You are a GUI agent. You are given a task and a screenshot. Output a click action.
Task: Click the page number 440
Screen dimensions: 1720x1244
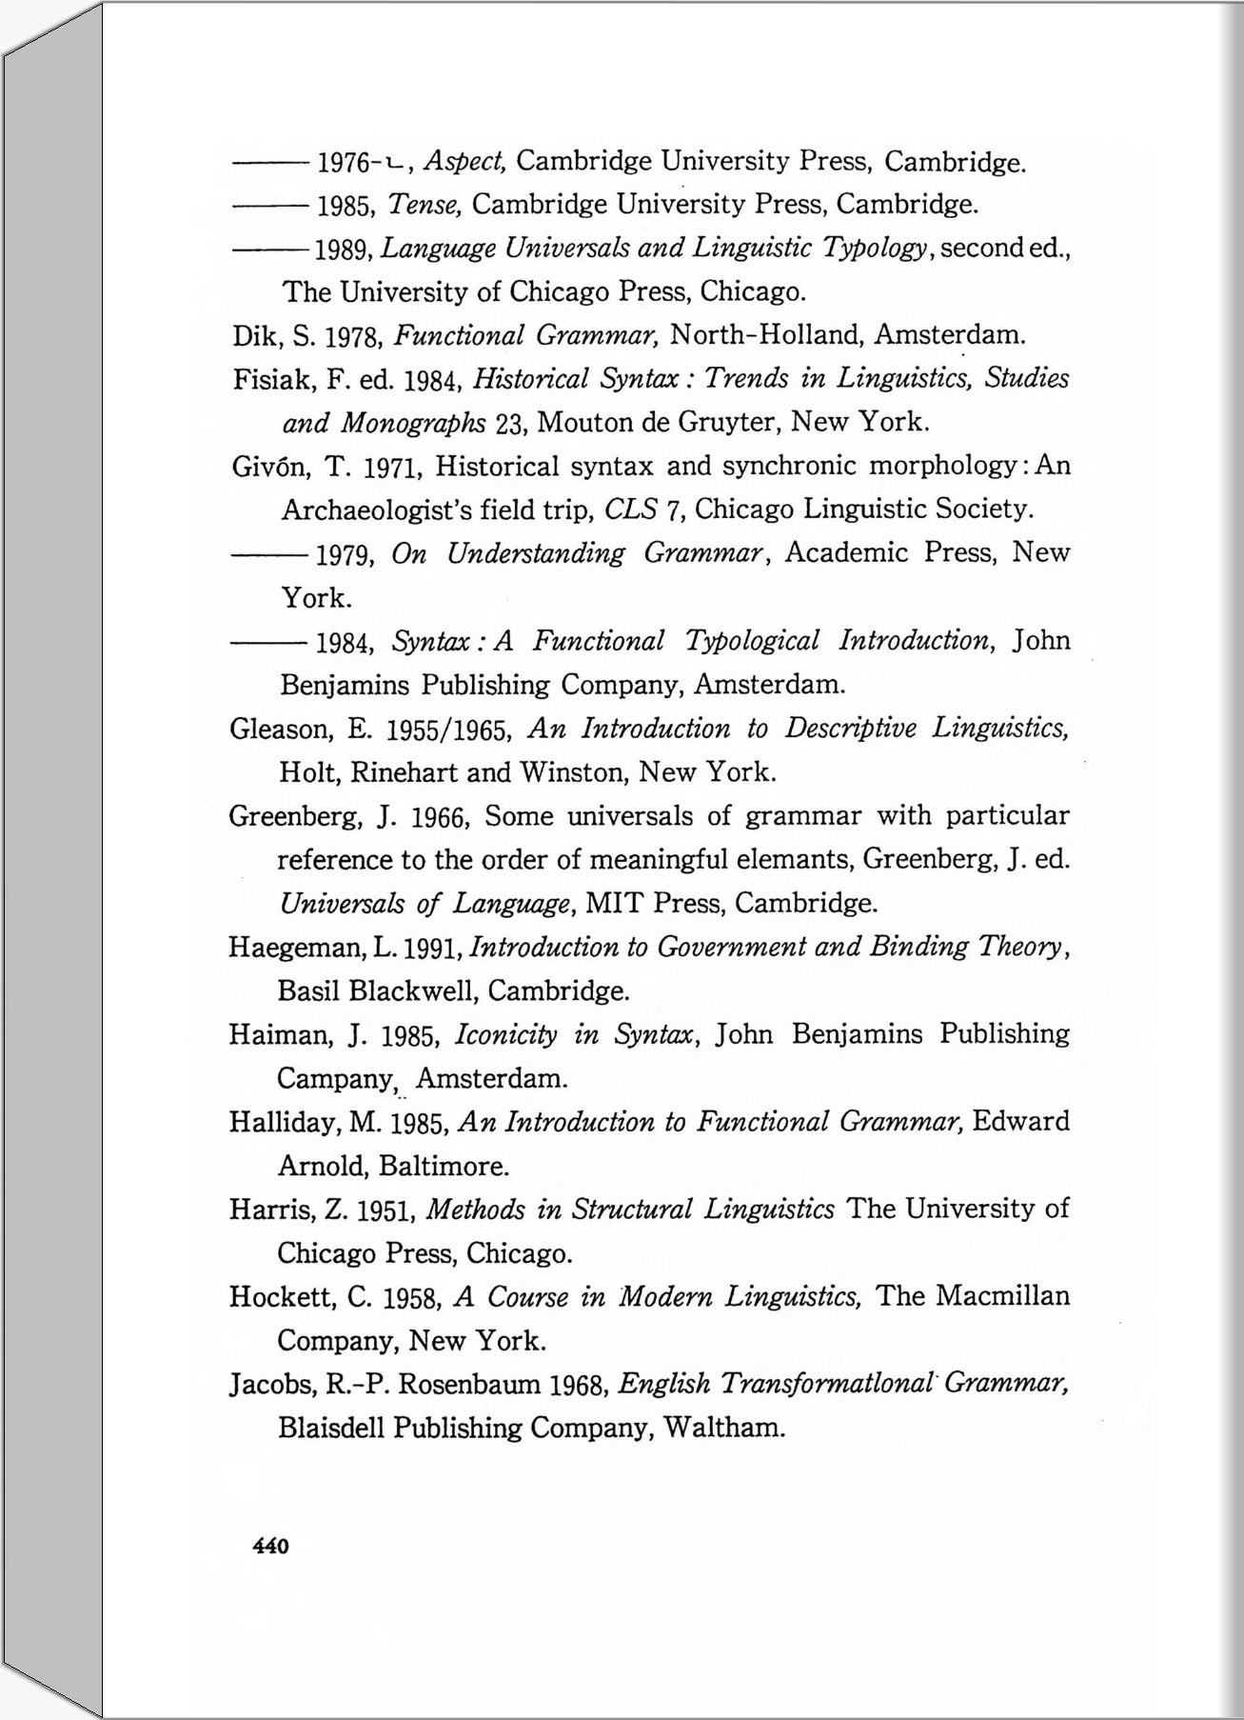tap(270, 1546)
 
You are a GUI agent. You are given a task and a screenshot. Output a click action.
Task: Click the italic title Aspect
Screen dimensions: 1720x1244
tap(463, 161)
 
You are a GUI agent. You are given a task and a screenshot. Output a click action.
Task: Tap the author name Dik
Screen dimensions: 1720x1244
tap(254, 335)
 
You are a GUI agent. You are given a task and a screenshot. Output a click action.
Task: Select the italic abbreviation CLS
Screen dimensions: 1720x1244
tap(631, 510)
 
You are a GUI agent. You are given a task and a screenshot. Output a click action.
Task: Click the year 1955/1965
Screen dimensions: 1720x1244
tap(450, 730)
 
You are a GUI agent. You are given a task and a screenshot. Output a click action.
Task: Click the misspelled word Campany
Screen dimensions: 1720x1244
tap(335, 1079)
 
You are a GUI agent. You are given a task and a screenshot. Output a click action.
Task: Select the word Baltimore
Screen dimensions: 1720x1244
tap(444, 1166)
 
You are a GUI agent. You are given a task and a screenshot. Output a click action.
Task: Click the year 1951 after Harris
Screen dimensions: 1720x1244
tap(385, 1210)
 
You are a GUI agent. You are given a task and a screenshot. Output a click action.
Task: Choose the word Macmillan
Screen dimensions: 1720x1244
tap(1002, 1296)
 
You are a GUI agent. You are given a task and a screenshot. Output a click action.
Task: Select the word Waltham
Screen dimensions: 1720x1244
tap(723, 1428)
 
